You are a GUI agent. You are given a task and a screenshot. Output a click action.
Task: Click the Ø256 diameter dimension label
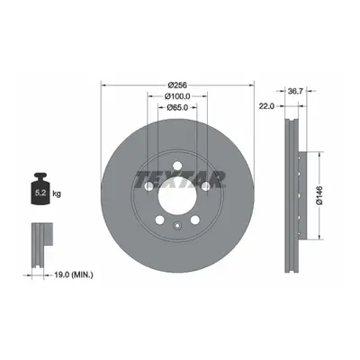coord(177,85)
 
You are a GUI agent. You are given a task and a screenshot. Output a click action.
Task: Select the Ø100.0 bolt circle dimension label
coord(177,96)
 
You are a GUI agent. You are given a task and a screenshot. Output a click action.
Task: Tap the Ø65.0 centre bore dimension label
coord(177,107)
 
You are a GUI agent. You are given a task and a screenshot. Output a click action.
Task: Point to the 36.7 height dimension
coord(295,91)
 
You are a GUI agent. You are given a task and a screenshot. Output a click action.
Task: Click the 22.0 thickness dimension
coord(266,106)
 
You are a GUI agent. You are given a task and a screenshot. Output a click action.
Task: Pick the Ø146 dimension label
coord(319,195)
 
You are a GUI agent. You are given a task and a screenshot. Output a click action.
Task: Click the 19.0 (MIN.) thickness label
coord(74,274)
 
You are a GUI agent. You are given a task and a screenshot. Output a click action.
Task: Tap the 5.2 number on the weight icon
coord(40,193)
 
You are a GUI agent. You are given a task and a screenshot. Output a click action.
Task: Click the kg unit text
coord(57,194)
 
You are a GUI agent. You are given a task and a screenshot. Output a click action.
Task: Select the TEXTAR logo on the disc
coord(181,180)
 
